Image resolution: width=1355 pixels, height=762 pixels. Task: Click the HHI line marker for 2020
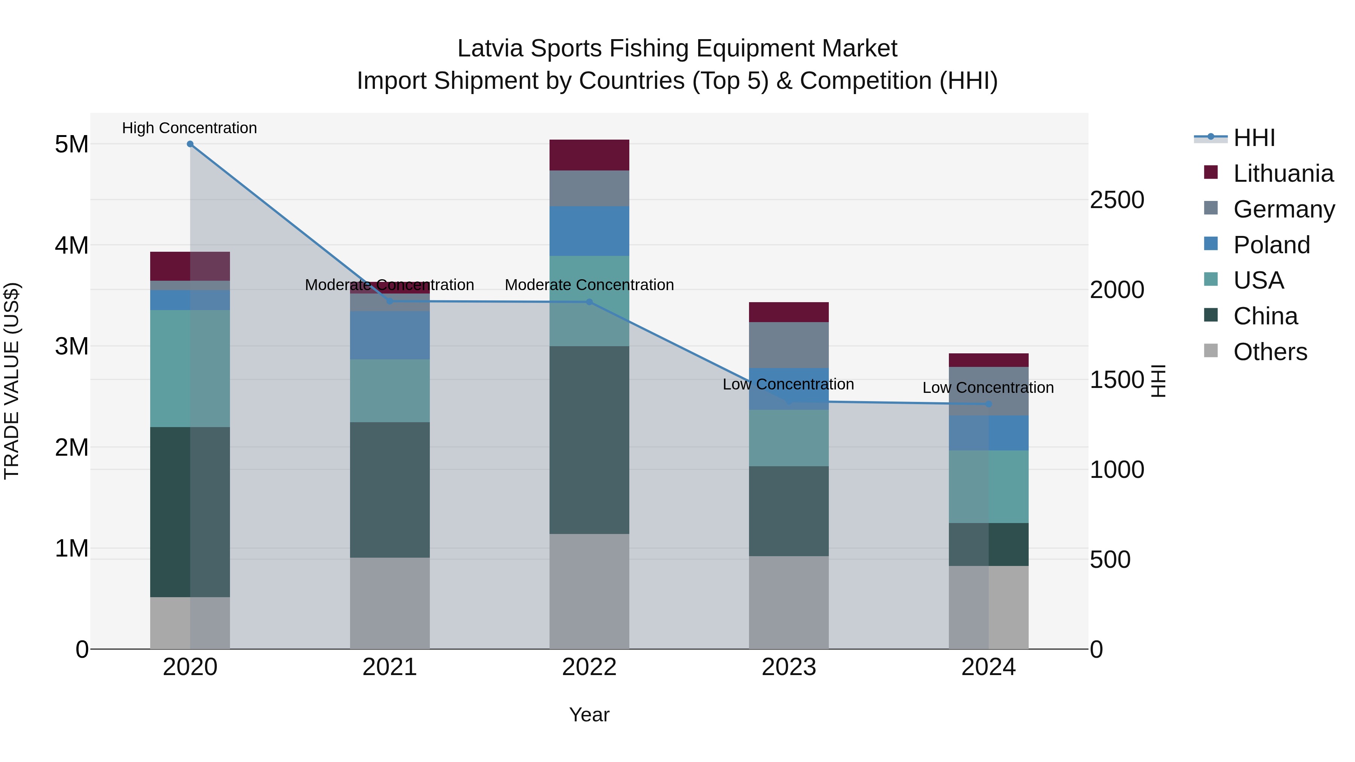[190, 144]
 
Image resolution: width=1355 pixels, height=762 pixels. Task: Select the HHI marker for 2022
[589, 302]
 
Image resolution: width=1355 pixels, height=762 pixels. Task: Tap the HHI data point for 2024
[988, 404]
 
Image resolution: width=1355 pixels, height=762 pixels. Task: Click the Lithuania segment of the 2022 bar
[589, 155]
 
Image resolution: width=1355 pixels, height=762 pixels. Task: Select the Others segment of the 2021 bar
[390, 603]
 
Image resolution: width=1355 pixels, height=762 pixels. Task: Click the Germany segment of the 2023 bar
[789, 345]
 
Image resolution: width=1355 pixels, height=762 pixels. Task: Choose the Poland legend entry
[1271, 245]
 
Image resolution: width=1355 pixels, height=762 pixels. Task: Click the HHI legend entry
[1254, 138]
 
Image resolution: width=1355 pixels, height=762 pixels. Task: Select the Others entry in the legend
[1270, 352]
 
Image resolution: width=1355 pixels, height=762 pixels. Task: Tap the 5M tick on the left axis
[72, 144]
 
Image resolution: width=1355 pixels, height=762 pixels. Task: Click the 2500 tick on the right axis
[1117, 200]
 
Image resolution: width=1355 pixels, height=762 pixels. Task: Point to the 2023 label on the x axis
[789, 667]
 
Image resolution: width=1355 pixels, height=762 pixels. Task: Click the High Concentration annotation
[189, 128]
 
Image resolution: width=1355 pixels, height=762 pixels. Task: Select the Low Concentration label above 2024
[988, 388]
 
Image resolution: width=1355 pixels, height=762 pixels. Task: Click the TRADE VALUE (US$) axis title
[12, 381]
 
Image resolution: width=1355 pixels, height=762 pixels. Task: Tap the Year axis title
[589, 715]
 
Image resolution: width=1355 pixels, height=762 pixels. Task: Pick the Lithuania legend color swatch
[1210, 172]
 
